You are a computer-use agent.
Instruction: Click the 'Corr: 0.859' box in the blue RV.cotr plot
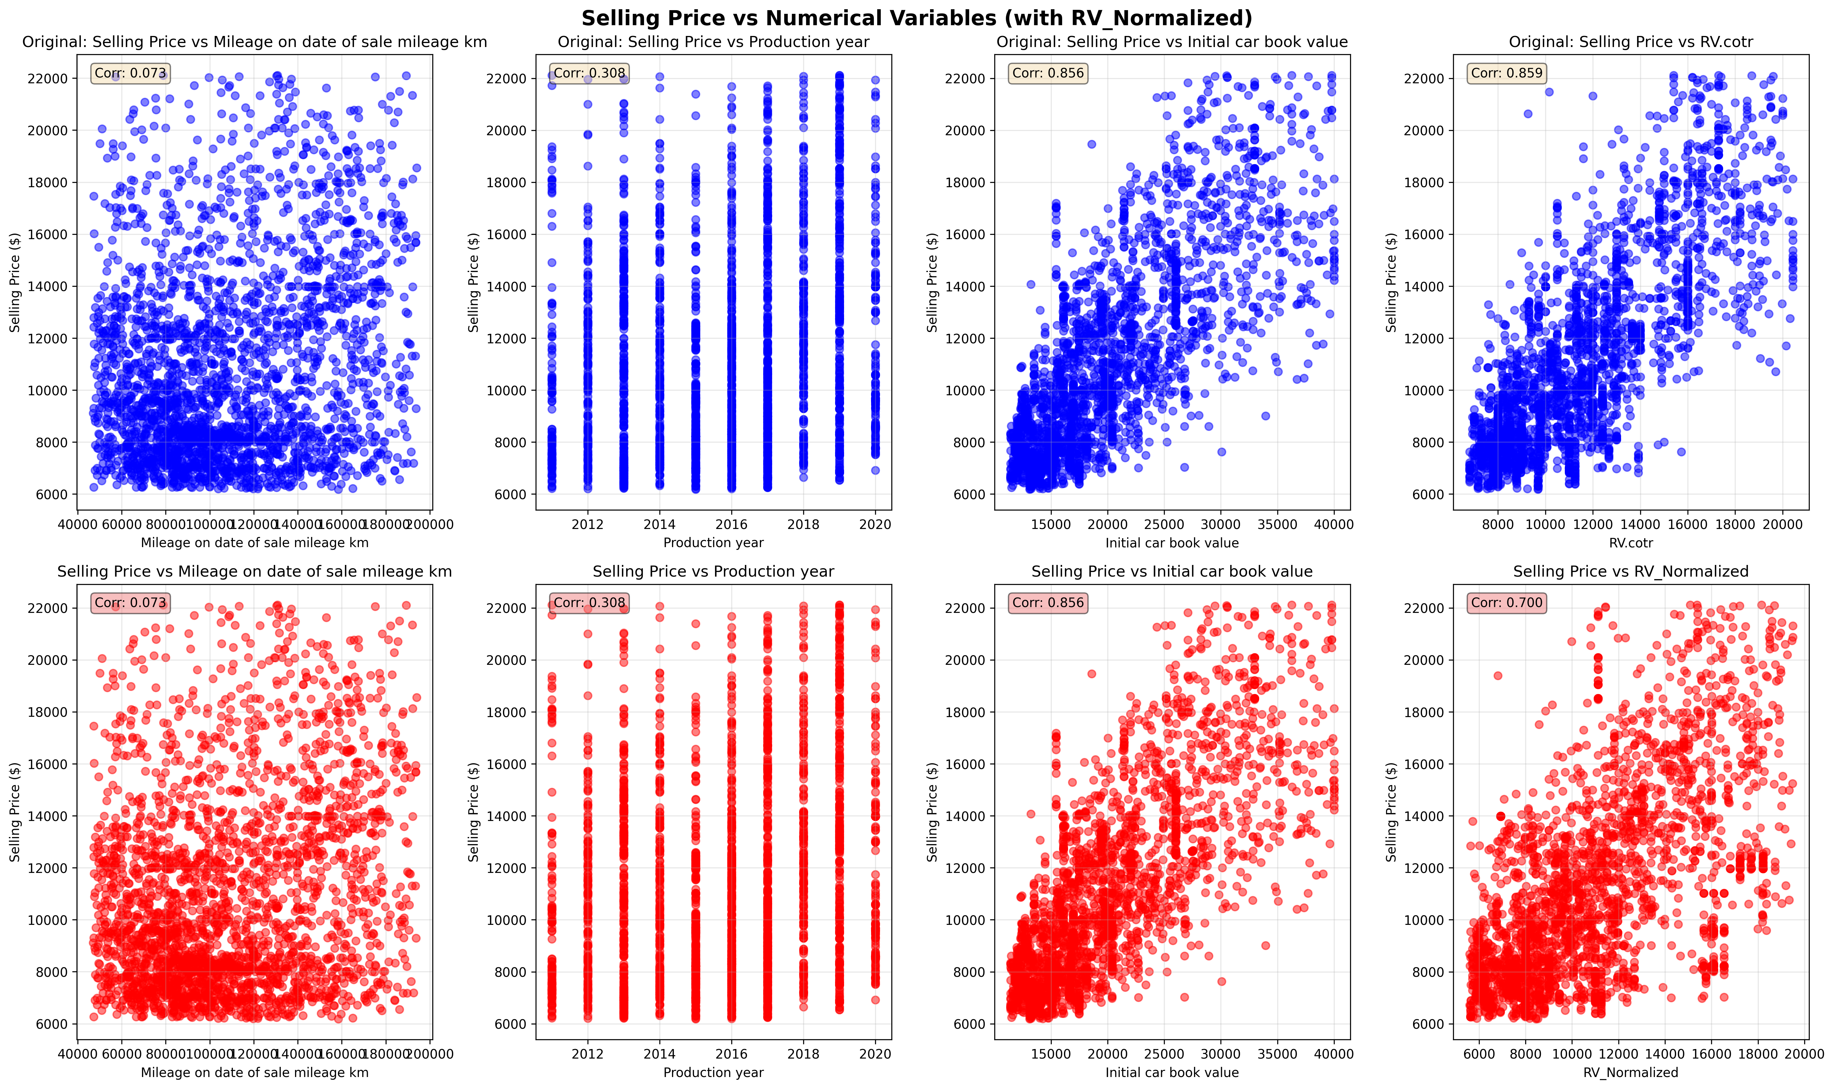(x=1507, y=73)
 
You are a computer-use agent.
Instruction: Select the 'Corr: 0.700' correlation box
(x=1507, y=602)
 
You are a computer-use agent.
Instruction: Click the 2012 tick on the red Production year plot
(x=587, y=1054)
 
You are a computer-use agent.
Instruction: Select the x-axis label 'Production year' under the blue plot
(x=713, y=543)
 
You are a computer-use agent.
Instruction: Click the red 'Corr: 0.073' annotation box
(x=131, y=602)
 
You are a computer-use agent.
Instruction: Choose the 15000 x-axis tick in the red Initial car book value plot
(x=1051, y=1054)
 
